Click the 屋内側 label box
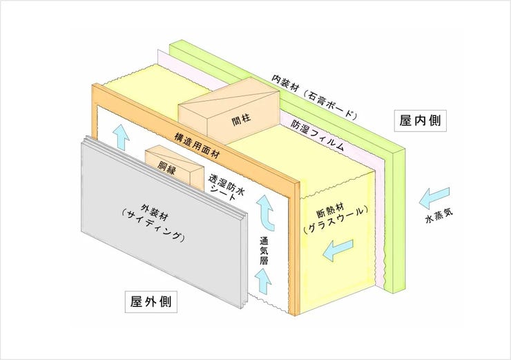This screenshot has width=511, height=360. click(x=420, y=121)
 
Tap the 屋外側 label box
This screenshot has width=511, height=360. click(x=151, y=302)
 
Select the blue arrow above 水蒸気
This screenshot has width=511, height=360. click(x=434, y=198)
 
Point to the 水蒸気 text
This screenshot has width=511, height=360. click(x=439, y=217)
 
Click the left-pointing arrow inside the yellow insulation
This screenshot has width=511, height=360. click(x=338, y=249)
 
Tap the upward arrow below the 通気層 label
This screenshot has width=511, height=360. click(x=263, y=281)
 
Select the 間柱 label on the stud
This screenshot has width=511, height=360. click(x=241, y=120)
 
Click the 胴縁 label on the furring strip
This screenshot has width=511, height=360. click(x=166, y=167)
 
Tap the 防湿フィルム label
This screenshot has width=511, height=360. click(x=317, y=136)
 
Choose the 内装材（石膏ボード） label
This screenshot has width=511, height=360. click(x=314, y=97)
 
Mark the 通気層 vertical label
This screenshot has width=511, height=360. click(x=264, y=250)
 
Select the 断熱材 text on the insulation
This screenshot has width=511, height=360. click(x=328, y=211)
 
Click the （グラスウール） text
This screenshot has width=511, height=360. click(x=336, y=220)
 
